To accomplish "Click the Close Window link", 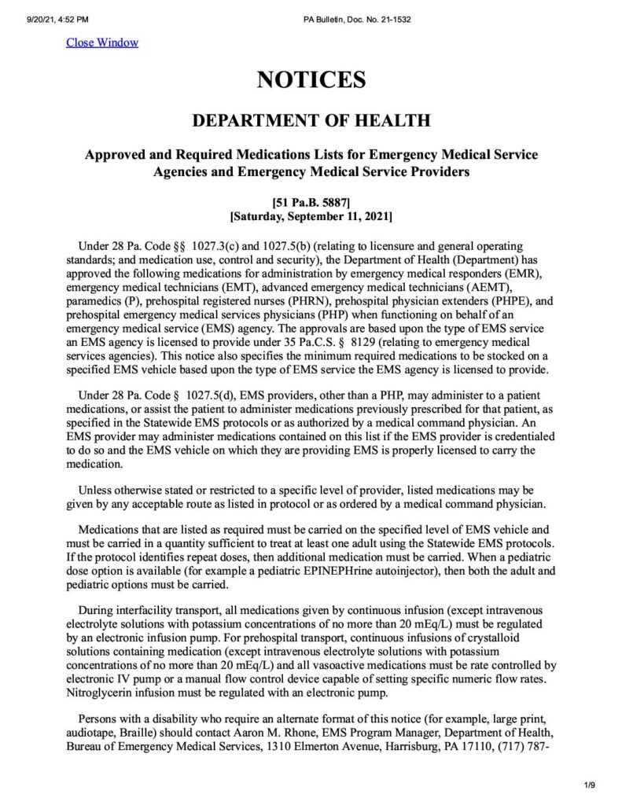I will tap(102, 42).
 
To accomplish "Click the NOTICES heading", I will tap(311, 80).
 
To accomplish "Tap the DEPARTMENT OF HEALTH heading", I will tap(311, 121).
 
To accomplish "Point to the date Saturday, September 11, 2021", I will tap(311, 215).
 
